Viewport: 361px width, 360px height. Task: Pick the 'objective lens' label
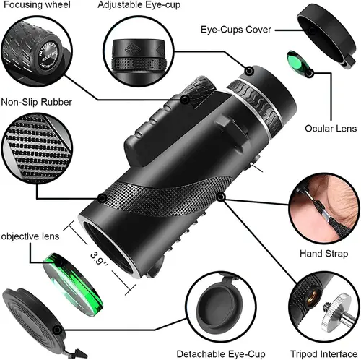pyautogui.click(x=33, y=236)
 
